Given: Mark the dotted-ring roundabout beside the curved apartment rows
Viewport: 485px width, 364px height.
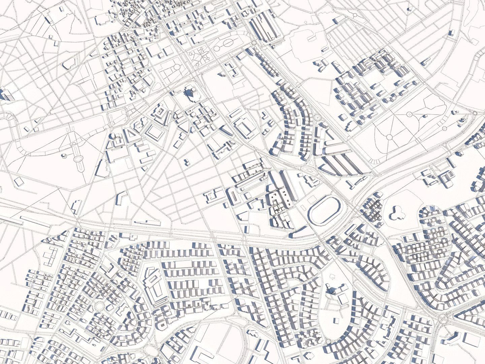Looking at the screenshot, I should click(x=317, y=117).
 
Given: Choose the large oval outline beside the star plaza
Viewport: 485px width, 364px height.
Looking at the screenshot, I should click(x=228, y=43).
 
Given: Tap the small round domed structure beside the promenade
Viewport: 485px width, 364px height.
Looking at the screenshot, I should click(x=64, y=155).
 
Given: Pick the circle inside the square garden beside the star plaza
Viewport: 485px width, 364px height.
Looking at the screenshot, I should click(x=176, y=67).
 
